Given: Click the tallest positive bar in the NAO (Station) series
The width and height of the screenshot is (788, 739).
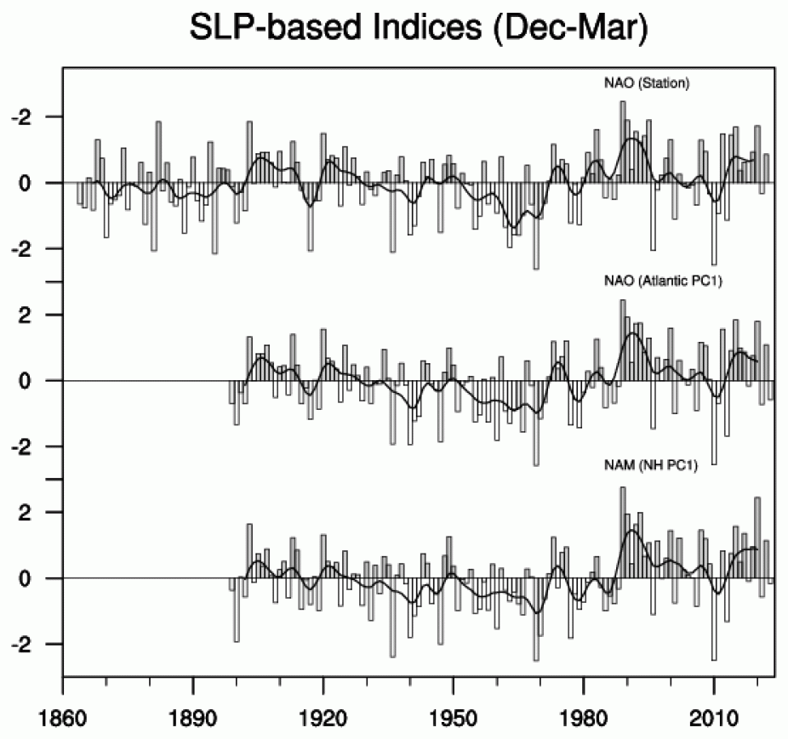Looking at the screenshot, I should click(623, 141).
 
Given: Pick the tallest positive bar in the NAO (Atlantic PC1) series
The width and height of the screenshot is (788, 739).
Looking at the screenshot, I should click(623, 340).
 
